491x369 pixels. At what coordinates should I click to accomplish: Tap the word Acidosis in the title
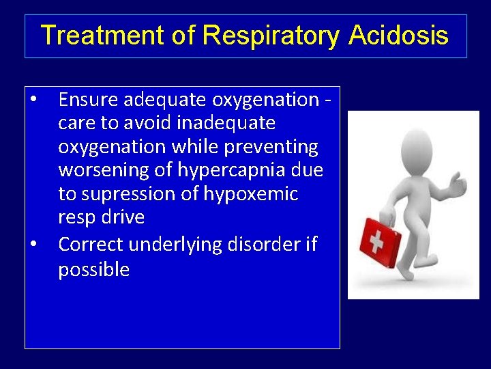(x=398, y=36)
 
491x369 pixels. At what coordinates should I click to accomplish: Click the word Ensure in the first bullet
(x=89, y=100)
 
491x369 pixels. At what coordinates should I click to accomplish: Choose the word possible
(x=93, y=269)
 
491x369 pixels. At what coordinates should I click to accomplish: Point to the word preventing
(x=275, y=147)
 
